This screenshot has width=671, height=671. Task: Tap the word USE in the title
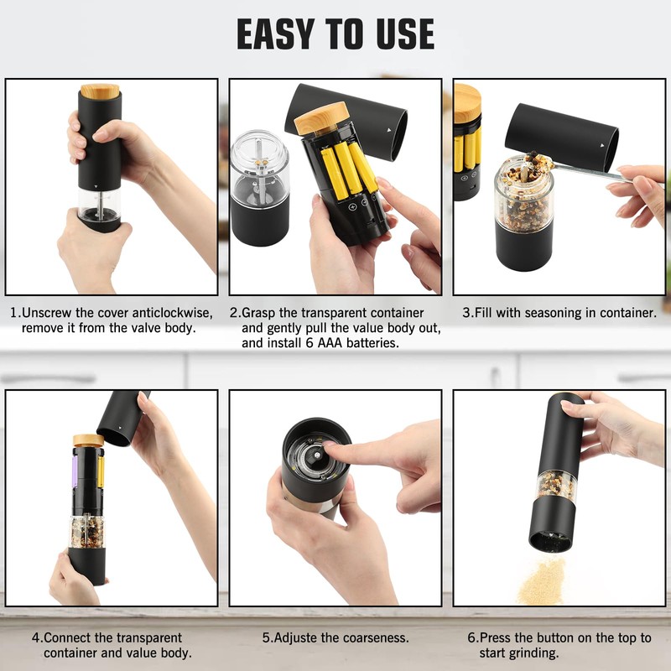coord(406,34)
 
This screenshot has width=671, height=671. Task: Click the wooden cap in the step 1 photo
coord(100,91)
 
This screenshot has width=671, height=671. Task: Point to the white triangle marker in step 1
coord(96,186)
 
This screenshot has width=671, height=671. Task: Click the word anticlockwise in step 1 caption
coord(172,313)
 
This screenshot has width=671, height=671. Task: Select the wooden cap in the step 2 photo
coord(321,119)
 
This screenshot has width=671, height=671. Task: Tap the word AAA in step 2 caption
coord(330,343)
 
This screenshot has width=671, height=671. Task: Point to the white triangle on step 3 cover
coord(602,146)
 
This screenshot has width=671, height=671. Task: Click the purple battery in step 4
coord(74,471)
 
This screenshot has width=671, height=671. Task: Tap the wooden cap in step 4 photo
coord(88,440)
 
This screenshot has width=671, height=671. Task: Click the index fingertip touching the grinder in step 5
coord(330,446)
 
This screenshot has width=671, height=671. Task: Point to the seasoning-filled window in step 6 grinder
coord(557,485)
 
